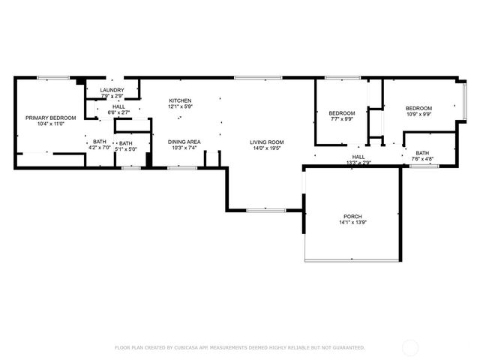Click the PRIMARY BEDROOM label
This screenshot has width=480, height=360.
click(51, 118)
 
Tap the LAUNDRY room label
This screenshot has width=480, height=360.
click(112, 91)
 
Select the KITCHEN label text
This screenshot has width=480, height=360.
click(180, 100)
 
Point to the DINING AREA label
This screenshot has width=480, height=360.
click(183, 142)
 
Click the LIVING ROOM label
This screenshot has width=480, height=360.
click(266, 142)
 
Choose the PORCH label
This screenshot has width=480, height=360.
click(352, 216)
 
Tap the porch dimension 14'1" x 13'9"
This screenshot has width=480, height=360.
click(352, 222)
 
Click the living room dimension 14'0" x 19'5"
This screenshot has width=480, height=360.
click(266, 148)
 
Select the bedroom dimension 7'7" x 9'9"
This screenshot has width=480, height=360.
click(340, 118)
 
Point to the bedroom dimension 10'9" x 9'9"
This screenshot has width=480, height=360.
click(419, 114)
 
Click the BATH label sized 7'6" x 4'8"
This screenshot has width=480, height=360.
click(423, 153)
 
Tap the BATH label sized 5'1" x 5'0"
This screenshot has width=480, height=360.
click(125, 143)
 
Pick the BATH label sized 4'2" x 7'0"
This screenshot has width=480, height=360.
click(99, 142)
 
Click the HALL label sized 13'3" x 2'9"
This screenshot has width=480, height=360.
click(358, 157)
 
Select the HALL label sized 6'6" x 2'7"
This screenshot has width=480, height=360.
click(119, 107)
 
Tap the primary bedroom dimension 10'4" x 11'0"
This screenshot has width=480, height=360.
click(51, 124)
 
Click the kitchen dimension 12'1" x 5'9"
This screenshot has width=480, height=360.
click(180, 106)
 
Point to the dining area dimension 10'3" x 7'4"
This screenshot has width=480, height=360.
click(183, 148)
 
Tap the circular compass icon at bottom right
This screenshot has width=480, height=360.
click(411, 347)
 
